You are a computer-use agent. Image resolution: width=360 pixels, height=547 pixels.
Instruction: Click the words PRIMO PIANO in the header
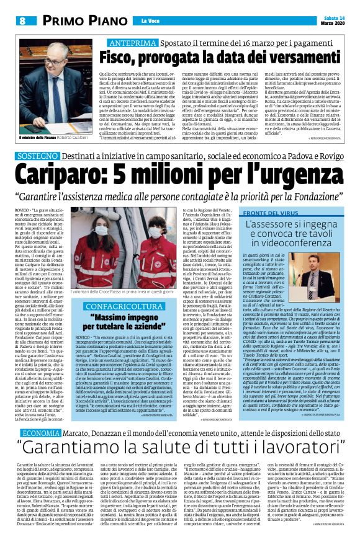(x=76, y=20)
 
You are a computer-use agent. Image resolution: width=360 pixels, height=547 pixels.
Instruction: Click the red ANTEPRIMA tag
(x=130, y=43)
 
